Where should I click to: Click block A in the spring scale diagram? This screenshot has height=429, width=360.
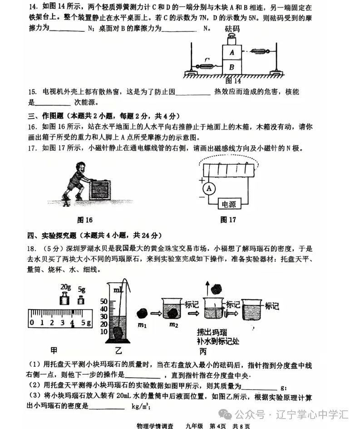point(232,52)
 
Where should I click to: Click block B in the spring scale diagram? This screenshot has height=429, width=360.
point(232,67)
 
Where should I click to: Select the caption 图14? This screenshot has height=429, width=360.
point(232,81)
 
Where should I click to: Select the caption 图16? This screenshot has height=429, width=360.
point(85,220)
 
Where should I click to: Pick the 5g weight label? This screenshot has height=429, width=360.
point(81,289)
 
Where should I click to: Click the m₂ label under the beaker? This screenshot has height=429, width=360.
point(173,324)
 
